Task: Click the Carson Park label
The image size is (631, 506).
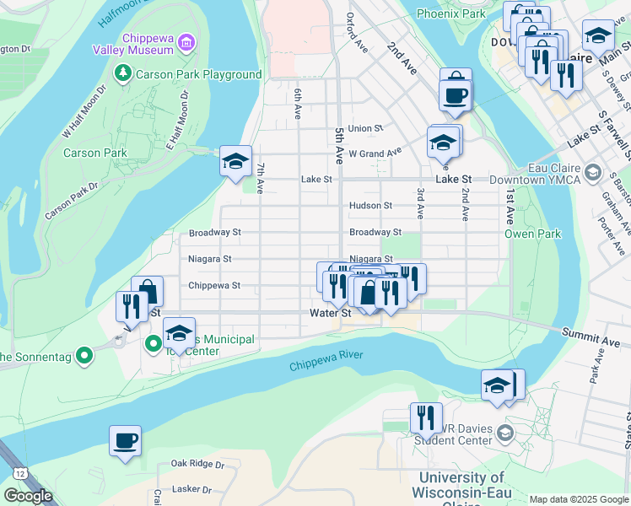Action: (94, 153)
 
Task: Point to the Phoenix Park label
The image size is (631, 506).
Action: (450, 13)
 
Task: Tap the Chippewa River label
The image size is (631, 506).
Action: (326, 361)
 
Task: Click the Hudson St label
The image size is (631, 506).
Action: (370, 205)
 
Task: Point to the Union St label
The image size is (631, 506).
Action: (365, 128)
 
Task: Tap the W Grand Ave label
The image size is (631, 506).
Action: (375, 153)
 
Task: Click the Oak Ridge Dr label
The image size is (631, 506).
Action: (197, 463)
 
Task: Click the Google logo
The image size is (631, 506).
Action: (28, 496)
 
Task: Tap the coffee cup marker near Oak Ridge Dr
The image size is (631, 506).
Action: (125, 440)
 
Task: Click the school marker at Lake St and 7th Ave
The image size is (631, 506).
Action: (235, 160)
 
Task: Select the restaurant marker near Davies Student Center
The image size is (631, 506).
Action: (426, 417)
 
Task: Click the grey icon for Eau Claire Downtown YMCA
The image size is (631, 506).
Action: (593, 173)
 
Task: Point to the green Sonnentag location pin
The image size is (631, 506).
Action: (84, 356)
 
